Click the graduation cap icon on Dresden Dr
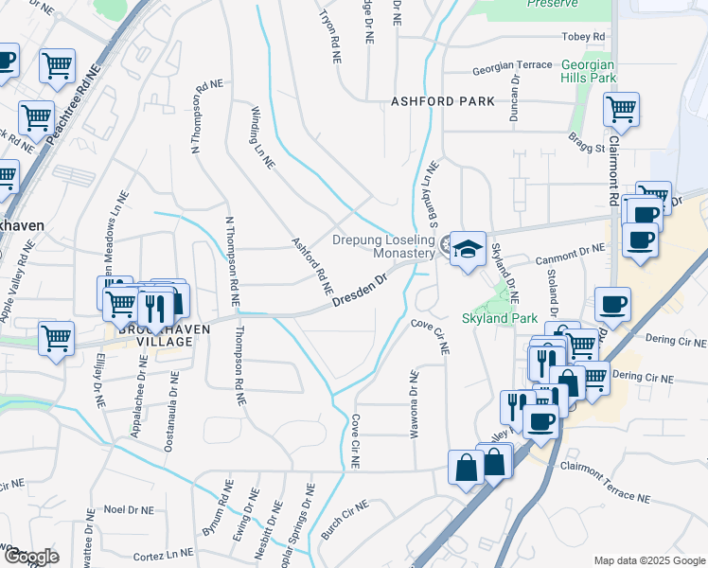(x=468, y=249)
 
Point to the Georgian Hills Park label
(x=588, y=71)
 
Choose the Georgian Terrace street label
(x=512, y=65)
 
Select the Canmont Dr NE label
(x=570, y=249)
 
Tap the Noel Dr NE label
(x=128, y=509)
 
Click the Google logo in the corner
(x=31, y=557)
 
